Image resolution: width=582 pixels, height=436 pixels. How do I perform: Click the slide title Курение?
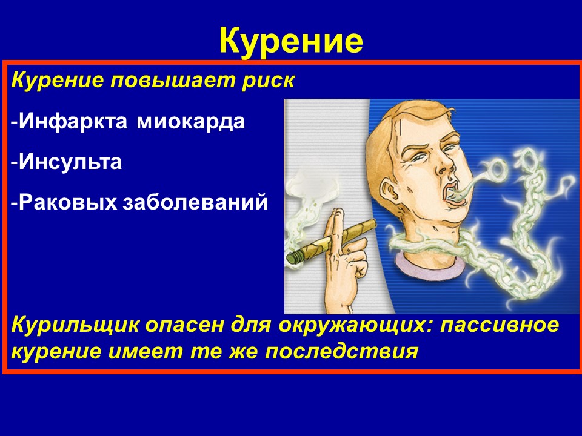point(291,41)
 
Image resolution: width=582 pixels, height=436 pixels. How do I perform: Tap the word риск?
point(269,81)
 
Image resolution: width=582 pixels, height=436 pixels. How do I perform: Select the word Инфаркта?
point(73,121)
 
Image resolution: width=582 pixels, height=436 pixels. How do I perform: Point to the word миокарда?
point(191,121)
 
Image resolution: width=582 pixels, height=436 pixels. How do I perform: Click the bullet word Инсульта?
point(70,162)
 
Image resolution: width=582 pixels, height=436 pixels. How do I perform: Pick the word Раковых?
point(67,202)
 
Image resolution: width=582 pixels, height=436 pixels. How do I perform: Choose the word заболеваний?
point(195,202)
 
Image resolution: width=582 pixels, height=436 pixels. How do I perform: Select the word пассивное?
point(499,325)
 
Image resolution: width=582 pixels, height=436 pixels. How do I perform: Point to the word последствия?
point(341,351)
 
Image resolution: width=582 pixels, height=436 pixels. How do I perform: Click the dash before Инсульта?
point(14,163)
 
